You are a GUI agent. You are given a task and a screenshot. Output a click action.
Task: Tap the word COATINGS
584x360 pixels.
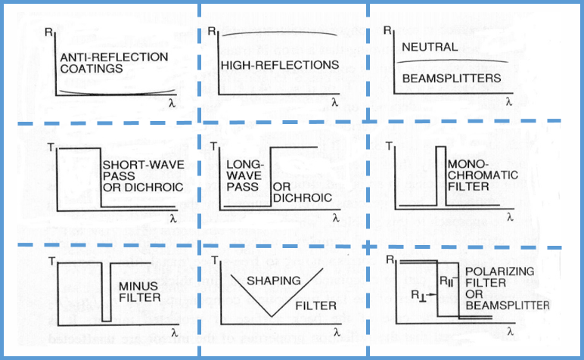coord(91,69)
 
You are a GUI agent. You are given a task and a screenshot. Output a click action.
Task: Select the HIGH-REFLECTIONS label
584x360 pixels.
coord(280,65)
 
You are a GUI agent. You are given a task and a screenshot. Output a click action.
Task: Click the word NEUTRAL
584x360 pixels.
coord(430,47)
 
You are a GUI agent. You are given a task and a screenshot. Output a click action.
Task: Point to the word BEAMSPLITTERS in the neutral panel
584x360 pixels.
coord(452,78)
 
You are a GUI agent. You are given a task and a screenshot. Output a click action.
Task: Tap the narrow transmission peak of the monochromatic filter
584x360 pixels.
coord(440,174)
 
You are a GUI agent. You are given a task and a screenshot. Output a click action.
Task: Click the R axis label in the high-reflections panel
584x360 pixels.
coord(213,32)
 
